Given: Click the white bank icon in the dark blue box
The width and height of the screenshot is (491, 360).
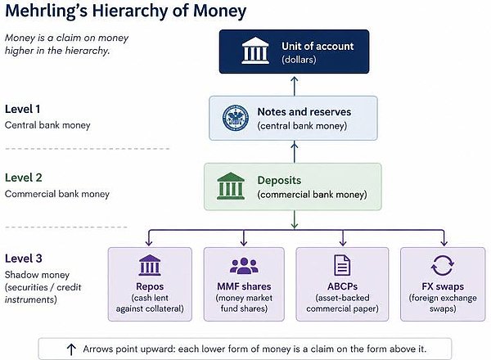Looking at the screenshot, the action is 255,51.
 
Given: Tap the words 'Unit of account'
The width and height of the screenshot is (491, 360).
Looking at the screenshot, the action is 318,46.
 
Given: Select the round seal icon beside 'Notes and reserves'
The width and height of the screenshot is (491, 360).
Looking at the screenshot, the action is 236,118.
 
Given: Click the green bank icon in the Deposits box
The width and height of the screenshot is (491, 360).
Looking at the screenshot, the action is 231,186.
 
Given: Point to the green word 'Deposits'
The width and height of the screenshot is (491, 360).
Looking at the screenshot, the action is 279,180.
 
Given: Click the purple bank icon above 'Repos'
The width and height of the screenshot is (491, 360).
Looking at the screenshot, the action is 150,265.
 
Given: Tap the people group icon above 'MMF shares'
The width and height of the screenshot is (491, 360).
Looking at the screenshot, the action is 244,266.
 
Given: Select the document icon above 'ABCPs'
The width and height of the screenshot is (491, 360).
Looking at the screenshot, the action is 342,265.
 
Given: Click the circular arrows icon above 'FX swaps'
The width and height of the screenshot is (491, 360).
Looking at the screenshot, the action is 442,265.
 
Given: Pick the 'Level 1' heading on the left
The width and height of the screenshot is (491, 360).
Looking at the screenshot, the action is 23,109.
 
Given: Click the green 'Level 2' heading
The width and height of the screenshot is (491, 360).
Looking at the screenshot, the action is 24,178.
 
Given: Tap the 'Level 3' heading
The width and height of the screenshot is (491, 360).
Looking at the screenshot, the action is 24,259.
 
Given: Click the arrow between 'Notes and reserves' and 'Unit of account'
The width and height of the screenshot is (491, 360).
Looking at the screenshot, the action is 294,86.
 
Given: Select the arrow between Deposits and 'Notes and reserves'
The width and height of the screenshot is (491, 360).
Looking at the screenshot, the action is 294,152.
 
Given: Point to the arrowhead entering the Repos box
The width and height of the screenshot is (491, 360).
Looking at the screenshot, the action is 149,243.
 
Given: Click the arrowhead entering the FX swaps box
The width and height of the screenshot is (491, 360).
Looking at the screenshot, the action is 444,243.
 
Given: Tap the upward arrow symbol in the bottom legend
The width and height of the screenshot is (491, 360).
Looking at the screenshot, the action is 71,349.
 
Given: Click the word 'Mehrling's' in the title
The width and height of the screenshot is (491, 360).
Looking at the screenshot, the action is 46,11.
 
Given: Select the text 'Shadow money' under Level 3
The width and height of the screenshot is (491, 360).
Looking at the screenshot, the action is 37,275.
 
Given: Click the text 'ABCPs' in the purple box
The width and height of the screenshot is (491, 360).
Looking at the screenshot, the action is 342,286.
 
